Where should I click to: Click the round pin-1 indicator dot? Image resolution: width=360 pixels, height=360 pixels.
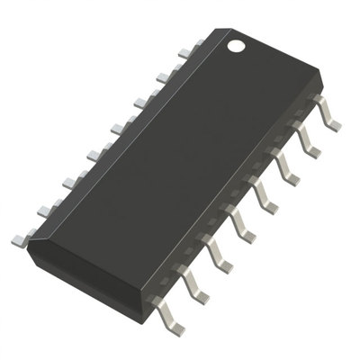coord(236,42)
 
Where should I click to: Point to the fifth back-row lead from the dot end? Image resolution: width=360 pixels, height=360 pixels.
coord(93,154)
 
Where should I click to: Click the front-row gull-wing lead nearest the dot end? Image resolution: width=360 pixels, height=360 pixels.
coord(333,118)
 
